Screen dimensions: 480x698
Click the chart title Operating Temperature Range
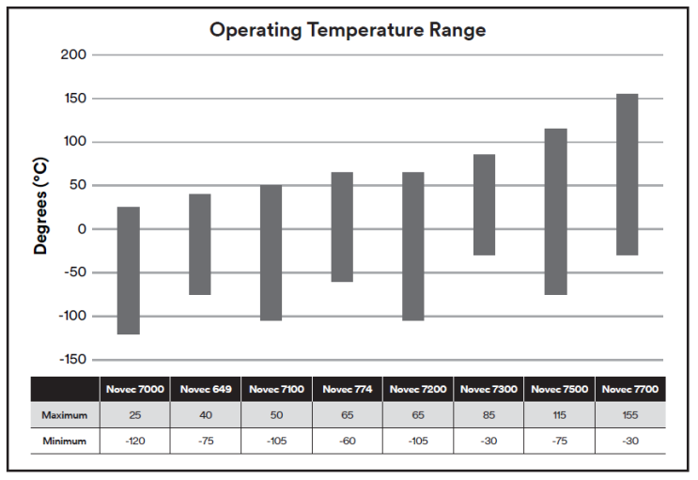[348, 30]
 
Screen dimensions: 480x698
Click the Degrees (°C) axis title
[41, 207]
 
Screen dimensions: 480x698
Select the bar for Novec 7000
[129, 271]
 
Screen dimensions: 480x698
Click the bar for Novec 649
[200, 244]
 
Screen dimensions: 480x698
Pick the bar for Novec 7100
[271, 253]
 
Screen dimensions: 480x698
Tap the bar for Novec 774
[342, 226]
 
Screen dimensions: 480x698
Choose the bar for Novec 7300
[485, 205]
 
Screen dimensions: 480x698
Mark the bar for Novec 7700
[628, 175]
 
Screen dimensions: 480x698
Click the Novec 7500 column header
[558, 389]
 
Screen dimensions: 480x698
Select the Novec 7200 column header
[416, 389]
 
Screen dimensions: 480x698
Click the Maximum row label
[64, 414]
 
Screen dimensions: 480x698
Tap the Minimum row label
[64, 440]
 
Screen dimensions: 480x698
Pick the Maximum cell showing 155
[629, 414]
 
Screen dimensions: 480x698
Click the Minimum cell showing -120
[134, 440]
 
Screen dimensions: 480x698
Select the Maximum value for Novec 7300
[488, 414]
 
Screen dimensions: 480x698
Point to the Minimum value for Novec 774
[346, 440]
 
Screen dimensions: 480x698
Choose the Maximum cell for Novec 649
[205, 414]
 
